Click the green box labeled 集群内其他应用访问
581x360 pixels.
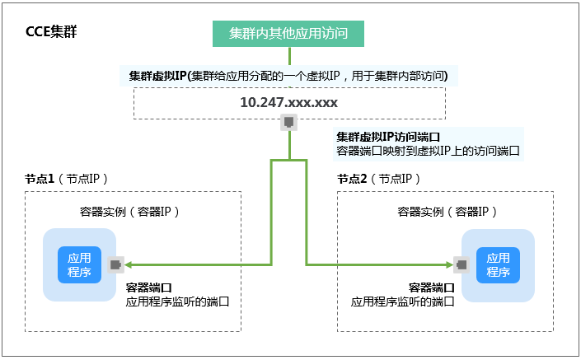point(288,34)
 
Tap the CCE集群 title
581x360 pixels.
point(51,31)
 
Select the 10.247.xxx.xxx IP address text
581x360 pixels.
point(289,102)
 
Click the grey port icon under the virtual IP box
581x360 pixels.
point(288,122)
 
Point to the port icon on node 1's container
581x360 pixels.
point(115,264)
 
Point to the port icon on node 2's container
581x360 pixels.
point(462,264)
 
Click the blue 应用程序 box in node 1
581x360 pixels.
point(79,264)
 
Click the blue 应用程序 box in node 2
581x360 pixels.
point(498,265)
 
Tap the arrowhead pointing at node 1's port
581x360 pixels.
point(129,264)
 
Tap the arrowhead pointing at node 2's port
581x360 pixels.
point(449,264)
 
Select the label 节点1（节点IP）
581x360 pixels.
point(66,179)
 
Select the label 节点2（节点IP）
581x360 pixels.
point(378,179)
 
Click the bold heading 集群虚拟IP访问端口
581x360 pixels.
point(388,137)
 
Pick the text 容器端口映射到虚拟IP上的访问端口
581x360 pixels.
point(428,151)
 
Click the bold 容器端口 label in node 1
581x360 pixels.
point(148,288)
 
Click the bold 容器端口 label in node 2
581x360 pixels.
point(432,288)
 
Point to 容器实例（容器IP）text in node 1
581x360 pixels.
point(129,212)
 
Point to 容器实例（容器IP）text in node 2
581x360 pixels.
point(447,212)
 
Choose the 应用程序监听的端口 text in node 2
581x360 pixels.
point(403,302)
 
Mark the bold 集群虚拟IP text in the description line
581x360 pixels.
point(157,76)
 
